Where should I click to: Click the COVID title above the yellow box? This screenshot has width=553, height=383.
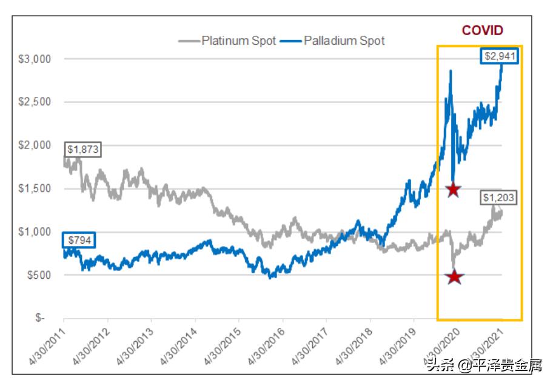pyautogui.click(x=483, y=30)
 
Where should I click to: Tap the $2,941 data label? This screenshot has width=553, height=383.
pyautogui.click(x=501, y=56)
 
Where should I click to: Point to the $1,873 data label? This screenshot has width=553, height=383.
pyautogui.click(x=82, y=149)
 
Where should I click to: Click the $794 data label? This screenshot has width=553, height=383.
pyautogui.click(x=79, y=239)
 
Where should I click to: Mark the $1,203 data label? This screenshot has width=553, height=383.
pyautogui.click(x=500, y=198)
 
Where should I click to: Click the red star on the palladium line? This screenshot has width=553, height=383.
pyautogui.click(x=452, y=189)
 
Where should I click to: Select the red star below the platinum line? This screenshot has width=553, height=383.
pyautogui.click(x=454, y=277)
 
